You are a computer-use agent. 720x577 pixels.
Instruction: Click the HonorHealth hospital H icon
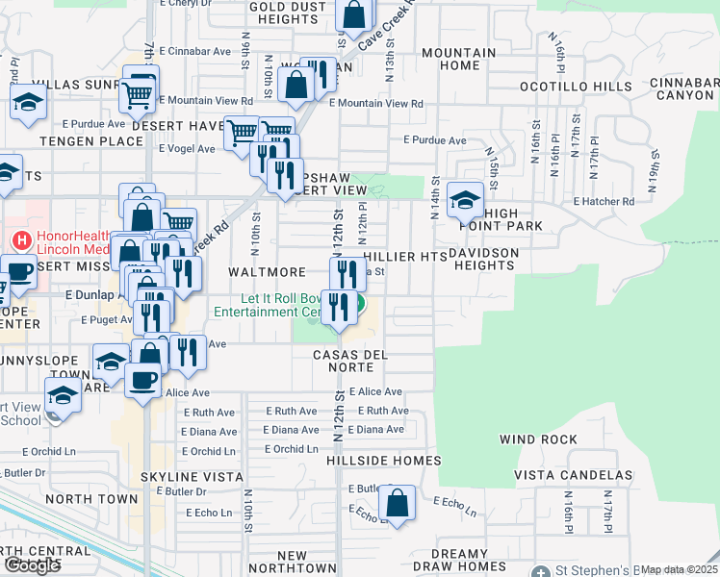coord(18,238)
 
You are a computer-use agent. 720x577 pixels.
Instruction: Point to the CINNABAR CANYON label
coord(683,89)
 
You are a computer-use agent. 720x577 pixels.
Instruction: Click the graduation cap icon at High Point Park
coord(466,202)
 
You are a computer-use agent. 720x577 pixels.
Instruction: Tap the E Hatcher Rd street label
coord(604,202)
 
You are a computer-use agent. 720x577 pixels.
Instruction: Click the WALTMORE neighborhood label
coord(267,273)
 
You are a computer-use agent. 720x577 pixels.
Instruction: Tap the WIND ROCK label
coord(538,439)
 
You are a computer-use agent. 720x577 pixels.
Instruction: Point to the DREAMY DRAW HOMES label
coord(473,560)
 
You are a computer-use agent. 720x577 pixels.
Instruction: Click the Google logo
coord(32,565)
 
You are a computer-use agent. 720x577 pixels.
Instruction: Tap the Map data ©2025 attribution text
coord(680,569)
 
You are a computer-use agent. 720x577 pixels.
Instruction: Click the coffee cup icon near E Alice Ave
coord(143,379)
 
